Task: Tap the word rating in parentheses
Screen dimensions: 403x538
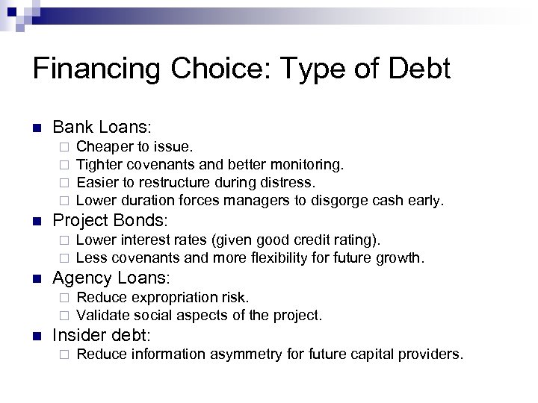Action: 354,240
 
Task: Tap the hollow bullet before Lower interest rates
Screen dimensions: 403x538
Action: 65,240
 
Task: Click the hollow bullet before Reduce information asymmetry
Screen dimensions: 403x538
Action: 65,354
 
